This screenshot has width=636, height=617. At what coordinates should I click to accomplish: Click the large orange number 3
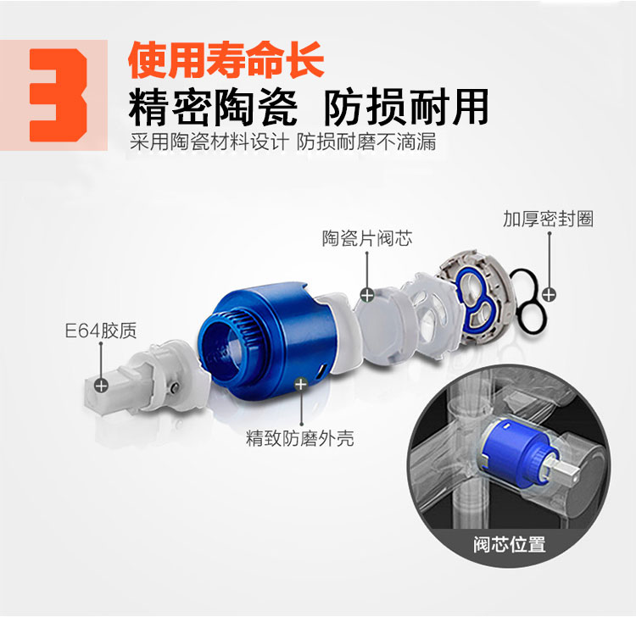[59, 95]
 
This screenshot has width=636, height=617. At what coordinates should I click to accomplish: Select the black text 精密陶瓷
[214, 108]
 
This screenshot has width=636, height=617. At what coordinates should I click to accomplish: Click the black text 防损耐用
[406, 108]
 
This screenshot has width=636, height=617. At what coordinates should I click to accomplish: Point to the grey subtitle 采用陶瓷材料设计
[209, 142]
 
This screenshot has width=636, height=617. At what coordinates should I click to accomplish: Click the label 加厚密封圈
[548, 219]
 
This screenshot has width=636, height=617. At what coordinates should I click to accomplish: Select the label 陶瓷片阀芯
[367, 238]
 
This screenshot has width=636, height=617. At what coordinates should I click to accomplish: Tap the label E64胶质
[101, 331]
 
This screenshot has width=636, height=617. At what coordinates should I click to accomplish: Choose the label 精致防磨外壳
[299, 438]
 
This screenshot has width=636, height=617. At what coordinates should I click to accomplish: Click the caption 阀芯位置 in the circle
[510, 543]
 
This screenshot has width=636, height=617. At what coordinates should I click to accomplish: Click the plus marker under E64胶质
[101, 385]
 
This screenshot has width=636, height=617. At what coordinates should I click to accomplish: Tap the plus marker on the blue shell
[300, 383]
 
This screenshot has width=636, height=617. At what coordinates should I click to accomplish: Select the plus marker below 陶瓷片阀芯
[367, 295]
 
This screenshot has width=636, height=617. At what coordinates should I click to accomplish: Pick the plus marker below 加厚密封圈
[549, 294]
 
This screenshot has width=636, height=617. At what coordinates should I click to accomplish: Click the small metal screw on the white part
[176, 387]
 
